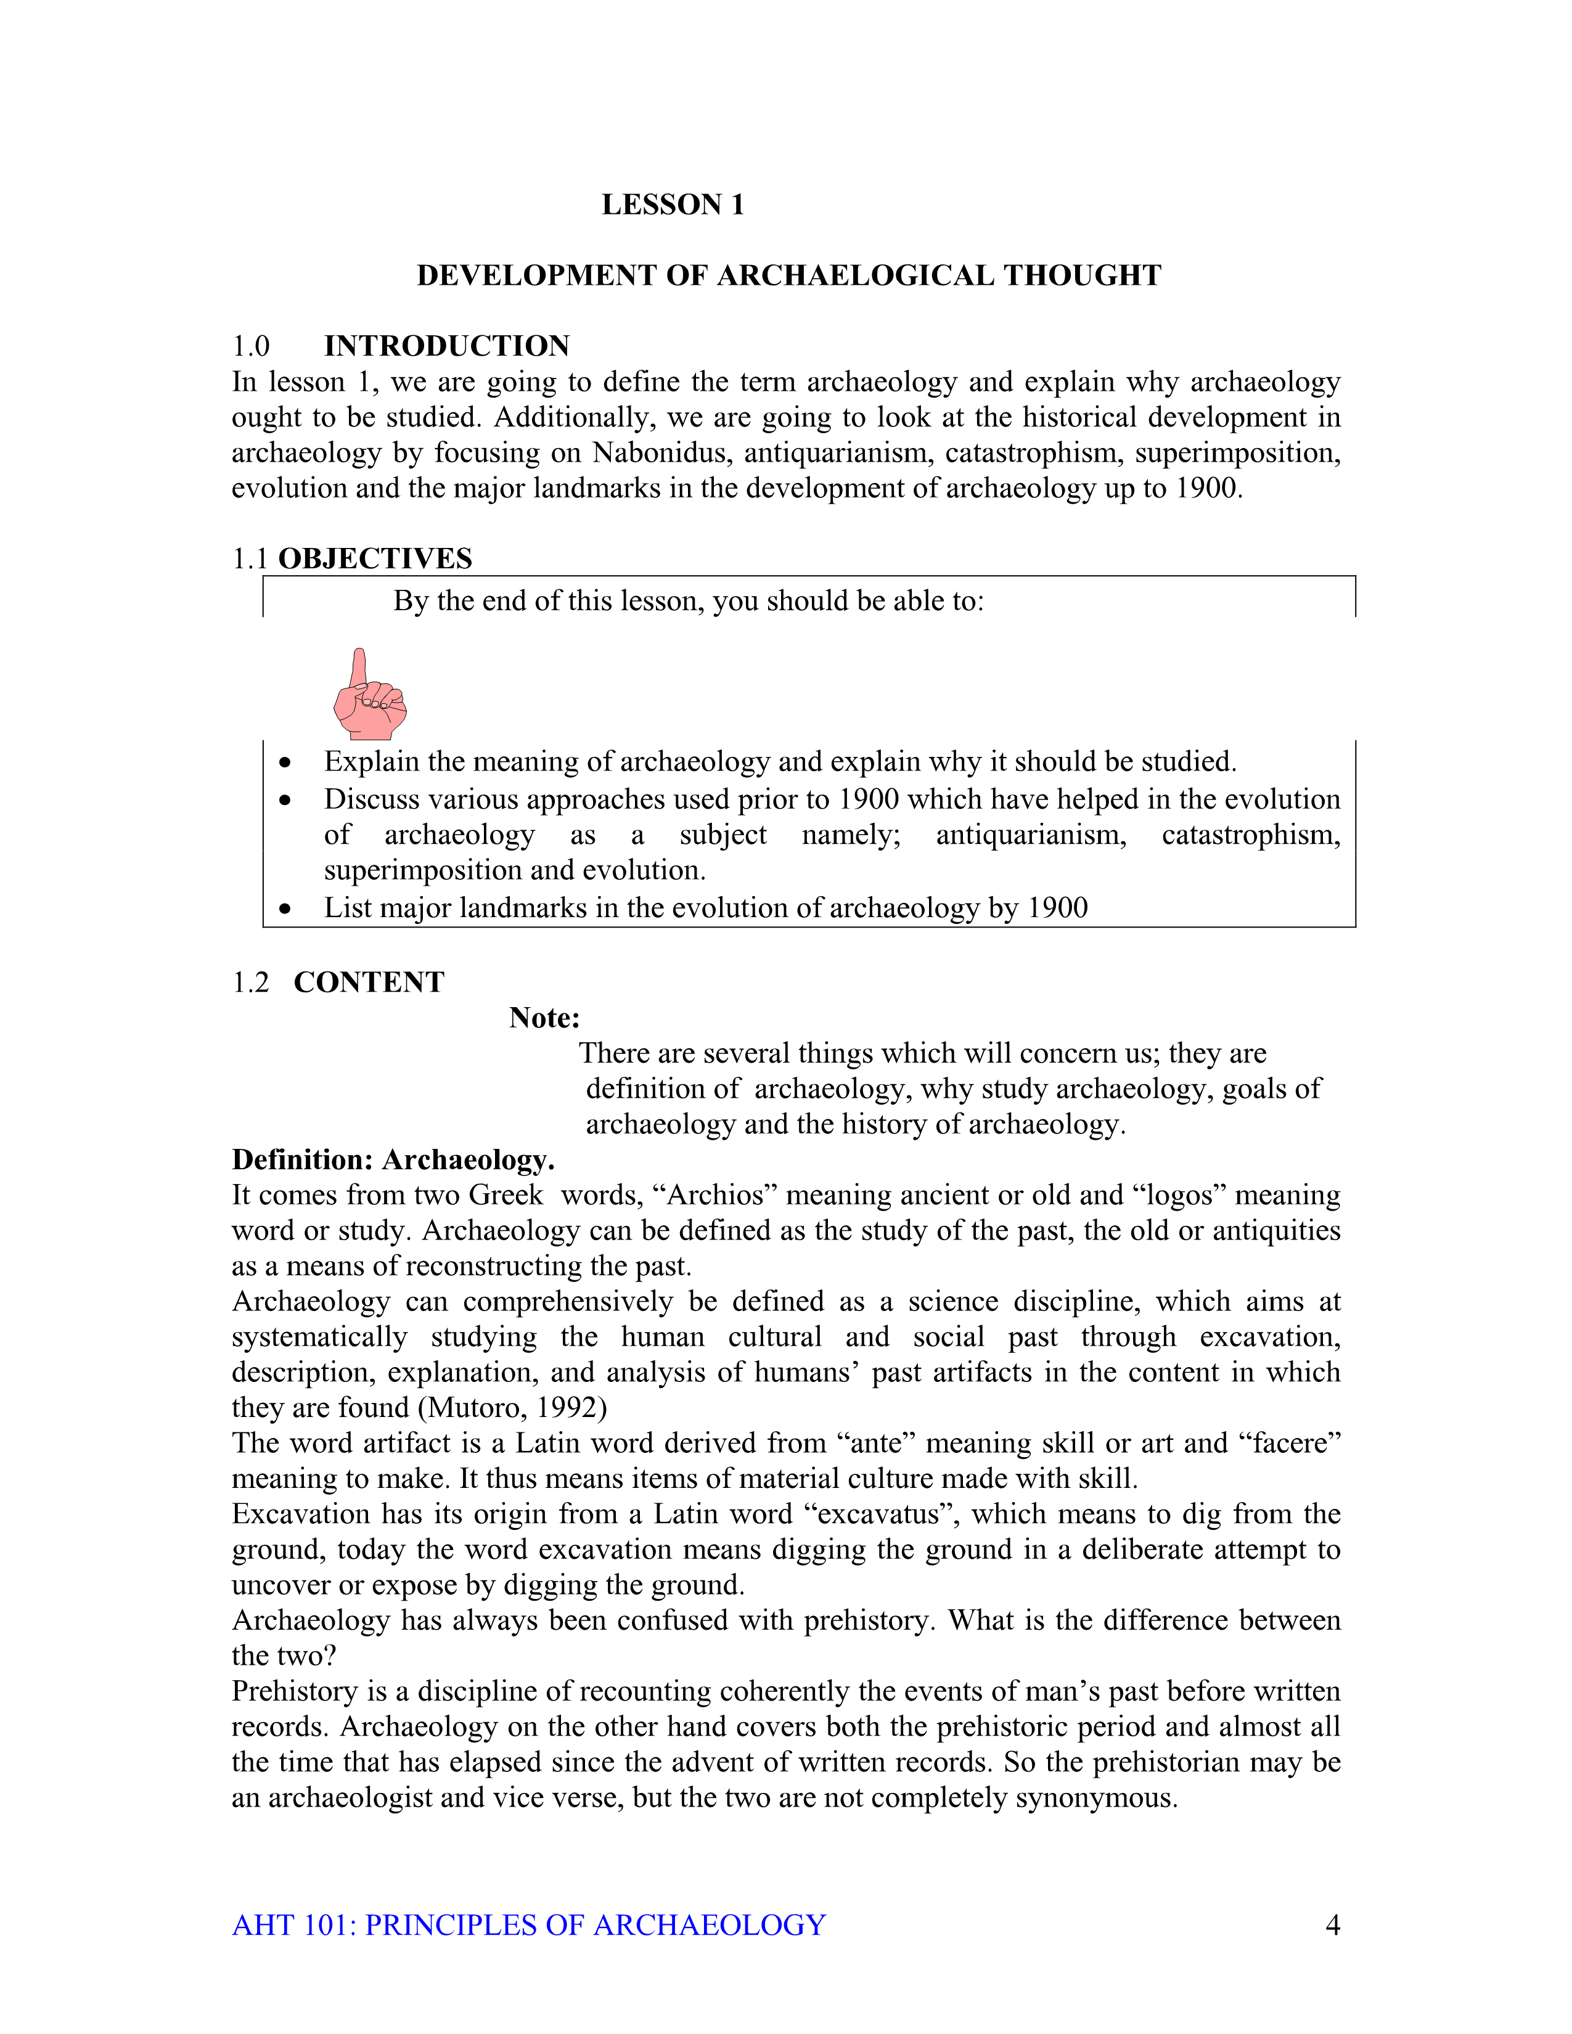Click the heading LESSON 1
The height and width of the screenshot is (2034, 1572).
(x=673, y=205)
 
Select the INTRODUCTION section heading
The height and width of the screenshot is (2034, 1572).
(x=446, y=346)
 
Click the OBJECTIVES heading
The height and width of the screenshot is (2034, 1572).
(x=375, y=559)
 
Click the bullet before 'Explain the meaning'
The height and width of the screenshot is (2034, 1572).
(x=285, y=764)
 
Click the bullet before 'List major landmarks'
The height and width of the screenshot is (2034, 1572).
(x=285, y=909)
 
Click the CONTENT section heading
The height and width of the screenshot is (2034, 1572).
(x=369, y=982)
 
